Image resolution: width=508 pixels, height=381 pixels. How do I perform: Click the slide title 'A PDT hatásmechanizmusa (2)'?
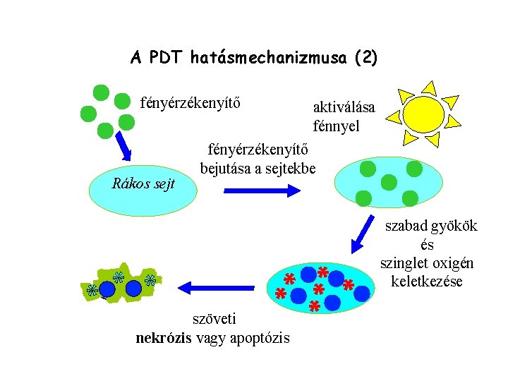click(253, 58)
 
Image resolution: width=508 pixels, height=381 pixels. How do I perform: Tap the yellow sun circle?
click(423, 114)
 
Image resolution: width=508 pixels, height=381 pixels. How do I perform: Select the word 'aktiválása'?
click(344, 107)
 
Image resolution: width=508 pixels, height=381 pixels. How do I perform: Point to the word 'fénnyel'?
click(336, 127)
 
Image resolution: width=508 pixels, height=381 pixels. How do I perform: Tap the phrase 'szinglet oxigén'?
click(427, 263)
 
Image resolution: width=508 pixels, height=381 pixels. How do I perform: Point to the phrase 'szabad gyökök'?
click(430, 226)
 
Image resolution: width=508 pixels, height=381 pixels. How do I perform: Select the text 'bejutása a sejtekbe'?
click(258, 169)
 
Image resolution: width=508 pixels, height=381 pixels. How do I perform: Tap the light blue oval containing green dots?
click(387, 181)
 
